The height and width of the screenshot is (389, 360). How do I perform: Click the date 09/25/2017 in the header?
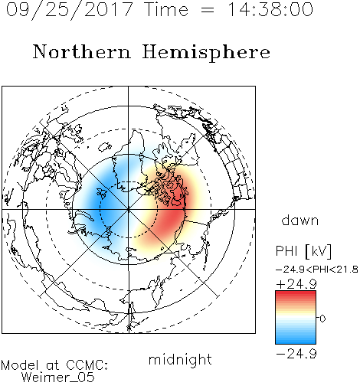coord(70,10)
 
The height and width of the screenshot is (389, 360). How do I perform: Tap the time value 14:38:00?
coord(270,9)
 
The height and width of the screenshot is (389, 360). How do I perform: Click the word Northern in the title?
coord(82,52)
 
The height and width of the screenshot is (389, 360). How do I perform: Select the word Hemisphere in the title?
coord(206,53)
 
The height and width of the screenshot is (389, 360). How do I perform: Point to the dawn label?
coord(300,221)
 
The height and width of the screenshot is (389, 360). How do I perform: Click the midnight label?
coord(180,359)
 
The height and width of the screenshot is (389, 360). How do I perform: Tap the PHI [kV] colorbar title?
coord(303,251)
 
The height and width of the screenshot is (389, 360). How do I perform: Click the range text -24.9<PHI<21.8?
coord(317,270)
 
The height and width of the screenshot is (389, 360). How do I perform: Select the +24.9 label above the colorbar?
coord(296,284)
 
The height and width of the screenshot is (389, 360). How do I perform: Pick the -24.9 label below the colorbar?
coord(296,354)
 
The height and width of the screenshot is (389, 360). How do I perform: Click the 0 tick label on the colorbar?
coord(322,319)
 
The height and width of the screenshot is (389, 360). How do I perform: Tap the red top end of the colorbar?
coord(296,293)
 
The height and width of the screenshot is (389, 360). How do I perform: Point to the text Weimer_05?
coord(58,378)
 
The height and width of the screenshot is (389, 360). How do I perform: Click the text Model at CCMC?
coord(54,365)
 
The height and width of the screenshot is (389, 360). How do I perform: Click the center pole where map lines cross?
coord(129,209)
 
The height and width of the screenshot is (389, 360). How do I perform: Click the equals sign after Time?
coord(208,10)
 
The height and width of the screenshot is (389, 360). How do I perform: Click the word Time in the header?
coord(166,9)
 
